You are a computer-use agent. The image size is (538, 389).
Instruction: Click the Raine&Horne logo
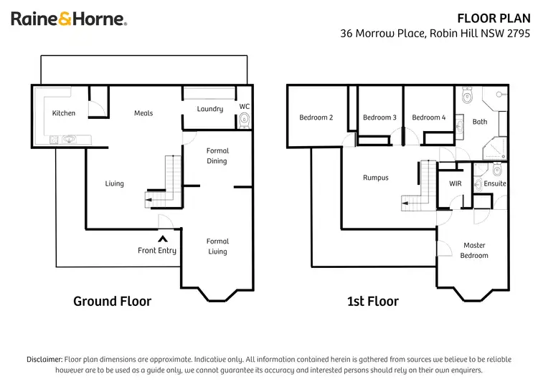point(69,19)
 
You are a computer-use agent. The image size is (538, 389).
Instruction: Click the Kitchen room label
point(64,113)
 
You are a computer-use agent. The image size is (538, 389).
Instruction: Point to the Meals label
point(143,113)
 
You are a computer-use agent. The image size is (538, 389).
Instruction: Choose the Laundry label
point(210,109)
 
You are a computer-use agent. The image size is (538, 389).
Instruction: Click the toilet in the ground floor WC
point(245,119)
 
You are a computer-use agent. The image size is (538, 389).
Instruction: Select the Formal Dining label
point(217,155)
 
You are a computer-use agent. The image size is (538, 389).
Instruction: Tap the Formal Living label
point(217,246)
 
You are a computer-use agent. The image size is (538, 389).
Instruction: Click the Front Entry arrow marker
point(163,239)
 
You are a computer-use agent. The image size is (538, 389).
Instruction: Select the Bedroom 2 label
point(316,117)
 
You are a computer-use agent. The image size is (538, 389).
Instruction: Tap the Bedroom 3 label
point(379,117)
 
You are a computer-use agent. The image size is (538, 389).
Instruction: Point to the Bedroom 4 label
point(429,117)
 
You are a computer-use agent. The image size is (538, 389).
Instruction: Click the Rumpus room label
point(375,178)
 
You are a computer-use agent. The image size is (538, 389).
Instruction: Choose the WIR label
point(455,184)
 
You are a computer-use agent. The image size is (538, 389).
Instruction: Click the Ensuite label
point(495,184)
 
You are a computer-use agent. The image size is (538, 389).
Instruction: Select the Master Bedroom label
point(474,251)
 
